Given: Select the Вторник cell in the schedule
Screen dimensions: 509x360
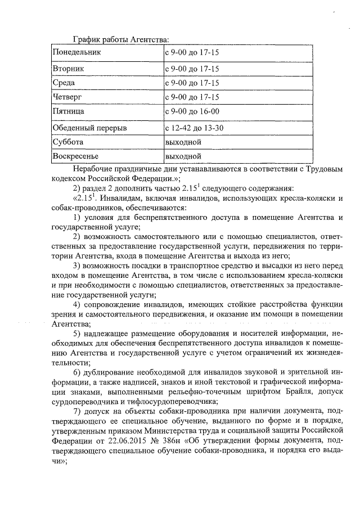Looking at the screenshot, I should click(68, 69).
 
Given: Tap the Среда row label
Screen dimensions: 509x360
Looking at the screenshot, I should click(64, 83).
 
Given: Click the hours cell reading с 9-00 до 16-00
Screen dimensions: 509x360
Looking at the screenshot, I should click(192, 112).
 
